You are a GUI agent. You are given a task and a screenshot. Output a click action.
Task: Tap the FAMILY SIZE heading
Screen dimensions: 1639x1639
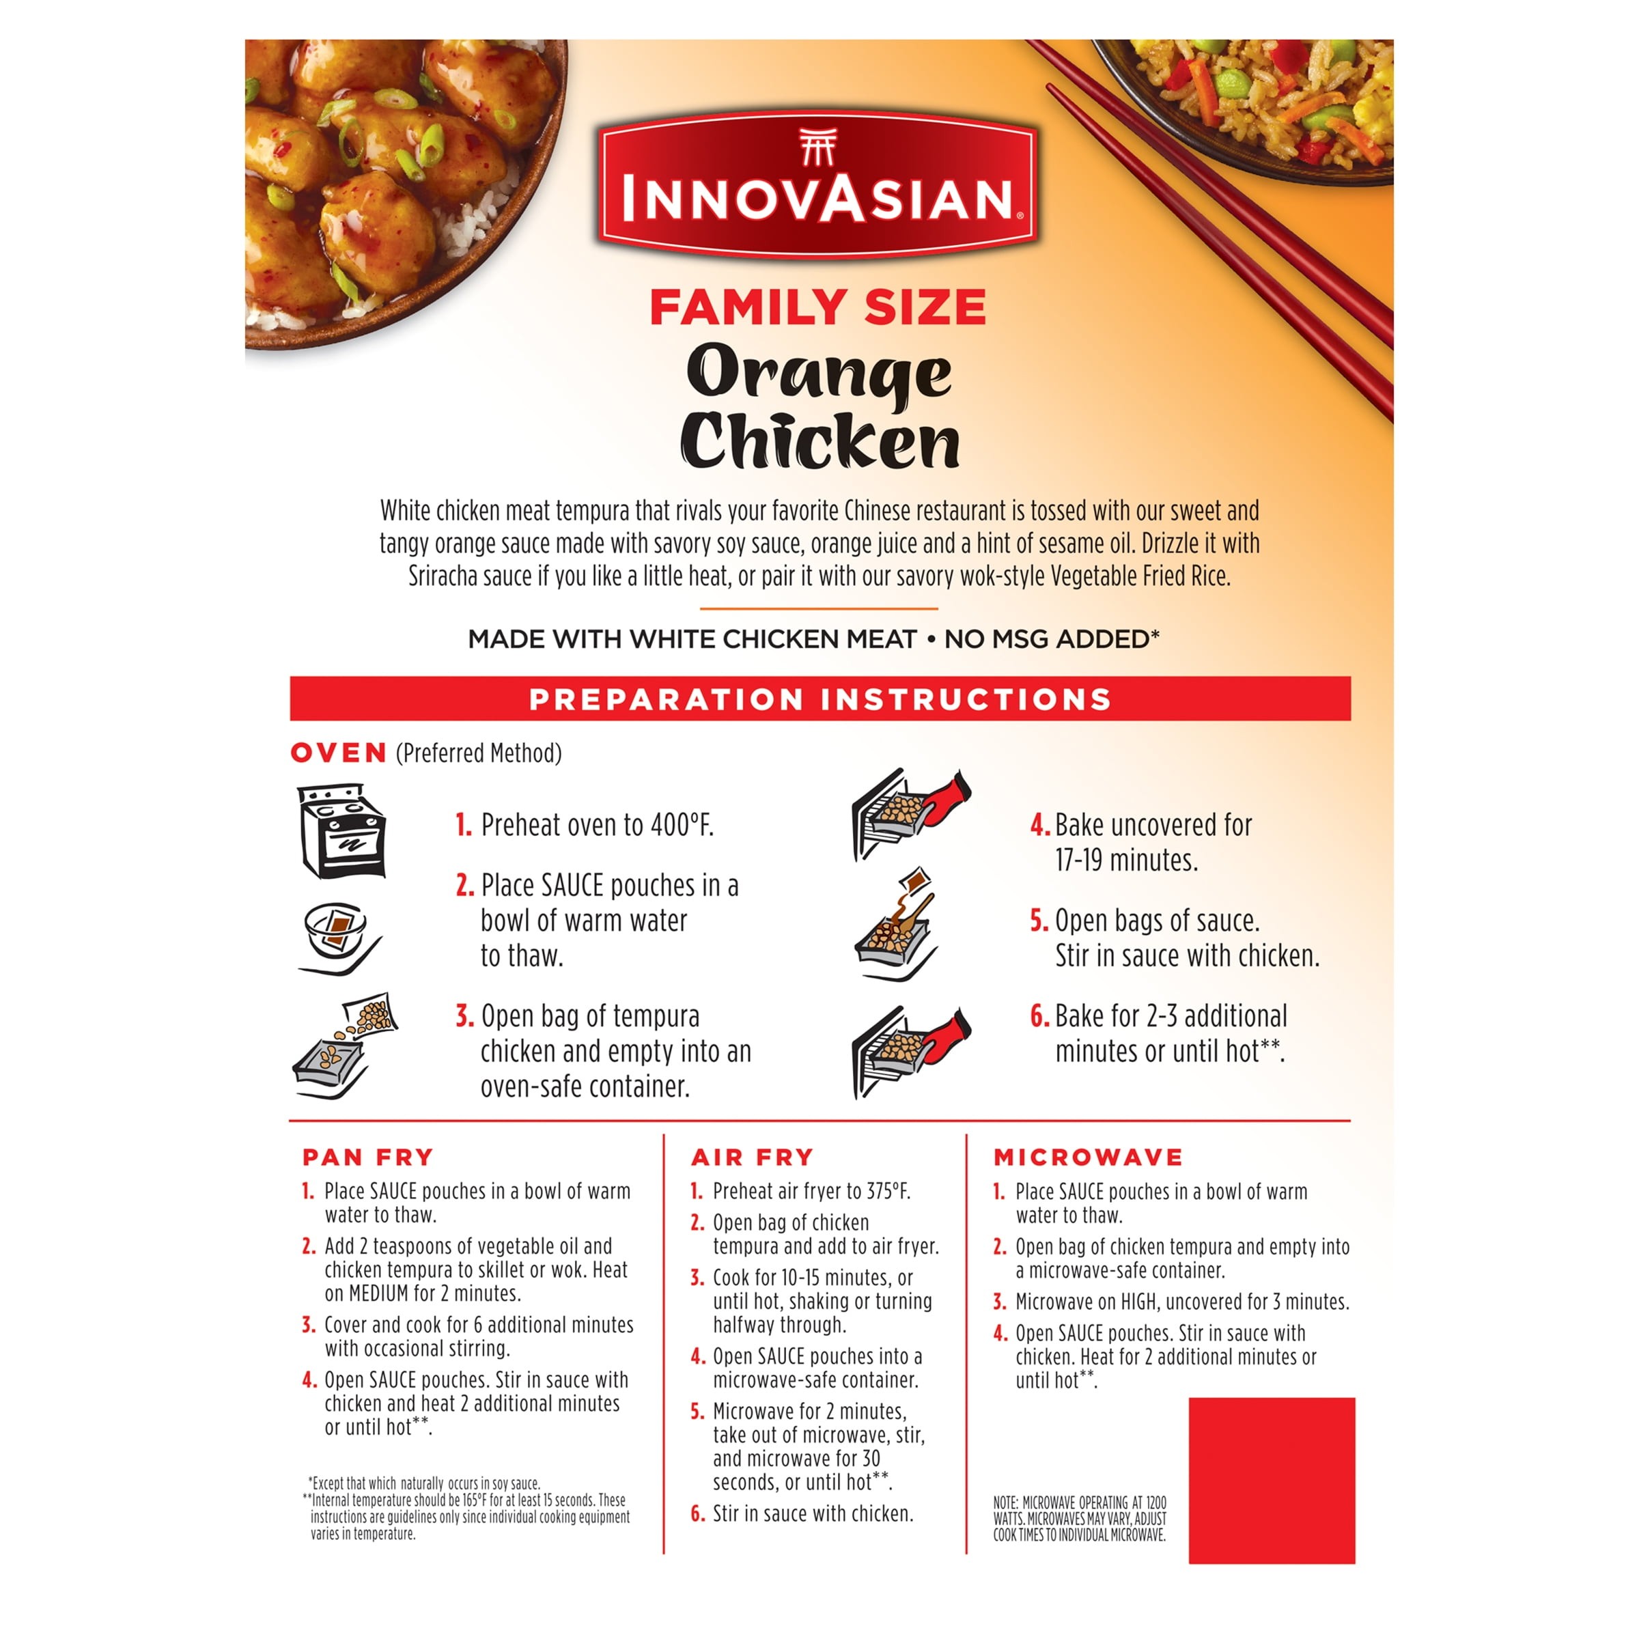[x=819, y=307]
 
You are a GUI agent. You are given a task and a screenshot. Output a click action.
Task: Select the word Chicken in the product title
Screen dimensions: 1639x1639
[x=819, y=441]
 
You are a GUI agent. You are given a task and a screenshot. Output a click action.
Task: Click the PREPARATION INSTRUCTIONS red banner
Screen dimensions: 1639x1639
[x=820, y=699]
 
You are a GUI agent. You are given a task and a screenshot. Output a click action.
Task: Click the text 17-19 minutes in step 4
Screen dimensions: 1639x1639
[x=1127, y=860]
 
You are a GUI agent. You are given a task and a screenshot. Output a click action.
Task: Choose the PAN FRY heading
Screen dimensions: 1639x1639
[x=368, y=1157]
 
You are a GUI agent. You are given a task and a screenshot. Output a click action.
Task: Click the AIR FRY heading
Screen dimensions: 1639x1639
[x=753, y=1157]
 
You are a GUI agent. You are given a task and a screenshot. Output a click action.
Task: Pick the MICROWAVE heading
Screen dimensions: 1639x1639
[x=1089, y=1157]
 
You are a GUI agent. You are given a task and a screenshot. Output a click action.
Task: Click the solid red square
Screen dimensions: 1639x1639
[x=1272, y=1481]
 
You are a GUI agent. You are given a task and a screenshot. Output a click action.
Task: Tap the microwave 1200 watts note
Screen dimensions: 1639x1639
[x=1080, y=1519]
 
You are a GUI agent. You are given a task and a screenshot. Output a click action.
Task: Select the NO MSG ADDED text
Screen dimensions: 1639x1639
[x=1052, y=639]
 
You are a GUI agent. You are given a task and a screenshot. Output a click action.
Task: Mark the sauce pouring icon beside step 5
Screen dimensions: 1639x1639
[x=896, y=925]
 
